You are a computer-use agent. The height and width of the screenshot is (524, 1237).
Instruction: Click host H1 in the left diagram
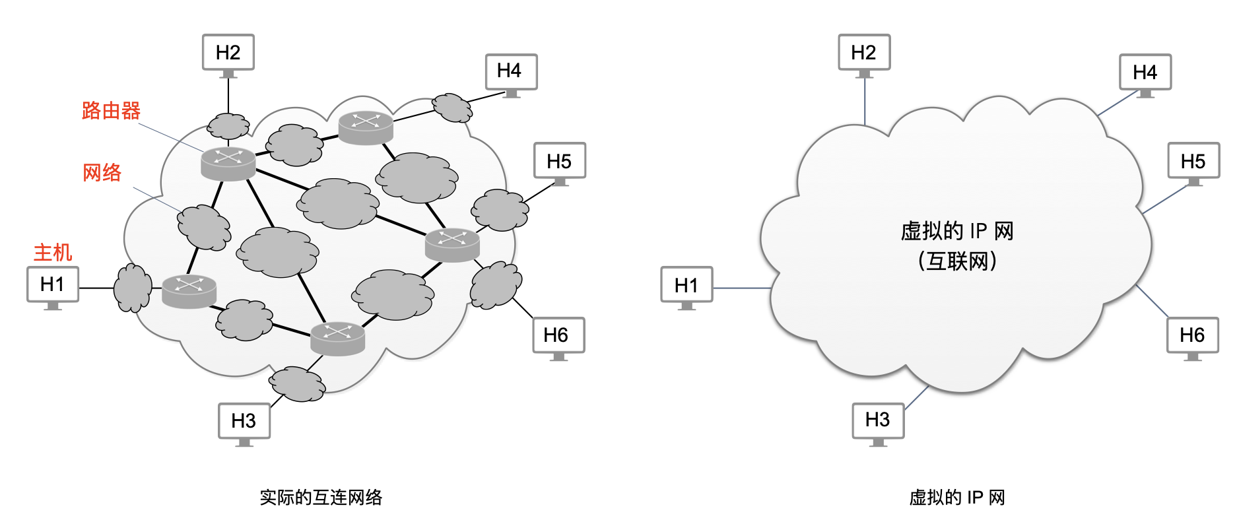click(x=53, y=284)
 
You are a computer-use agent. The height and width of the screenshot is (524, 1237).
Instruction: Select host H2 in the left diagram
click(x=228, y=53)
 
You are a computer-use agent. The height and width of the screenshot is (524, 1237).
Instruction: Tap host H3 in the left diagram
click(x=244, y=421)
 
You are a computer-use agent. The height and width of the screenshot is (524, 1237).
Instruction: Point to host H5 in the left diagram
click(x=559, y=161)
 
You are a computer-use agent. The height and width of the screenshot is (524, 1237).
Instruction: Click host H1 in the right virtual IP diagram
click(x=686, y=285)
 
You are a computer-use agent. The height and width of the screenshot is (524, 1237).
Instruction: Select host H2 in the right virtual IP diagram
click(x=864, y=53)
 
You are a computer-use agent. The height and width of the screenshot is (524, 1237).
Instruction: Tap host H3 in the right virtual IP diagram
click(x=878, y=420)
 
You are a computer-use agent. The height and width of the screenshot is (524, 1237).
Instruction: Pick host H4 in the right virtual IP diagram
click(x=1145, y=73)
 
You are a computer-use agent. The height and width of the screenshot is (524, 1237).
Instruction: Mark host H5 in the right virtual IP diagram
click(x=1193, y=161)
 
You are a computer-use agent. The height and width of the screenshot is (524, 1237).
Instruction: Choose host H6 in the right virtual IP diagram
click(x=1192, y=335)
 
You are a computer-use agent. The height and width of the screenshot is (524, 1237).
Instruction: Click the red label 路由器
click(x=111, y=111)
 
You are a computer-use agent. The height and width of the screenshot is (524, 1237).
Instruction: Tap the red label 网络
click(x=102, y=173)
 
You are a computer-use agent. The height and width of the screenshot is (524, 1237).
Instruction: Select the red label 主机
click(x=53, y=252)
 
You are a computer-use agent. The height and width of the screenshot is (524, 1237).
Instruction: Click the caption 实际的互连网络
click(x=321, y=498)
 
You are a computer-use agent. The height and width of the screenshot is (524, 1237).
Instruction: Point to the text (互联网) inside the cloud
click(x=957, y=261)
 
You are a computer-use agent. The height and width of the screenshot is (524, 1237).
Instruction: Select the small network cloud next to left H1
click(x=133, y=288)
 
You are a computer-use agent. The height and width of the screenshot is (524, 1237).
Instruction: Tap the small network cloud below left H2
click(x=228, y=126)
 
